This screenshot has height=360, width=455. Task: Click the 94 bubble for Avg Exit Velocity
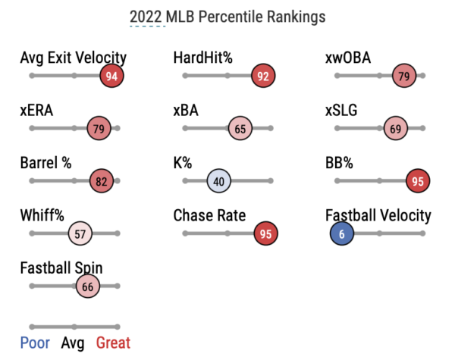coord(111,76)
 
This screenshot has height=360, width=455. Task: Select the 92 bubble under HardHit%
coord(263,76)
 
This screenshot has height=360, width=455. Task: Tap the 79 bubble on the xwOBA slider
coord(403,76)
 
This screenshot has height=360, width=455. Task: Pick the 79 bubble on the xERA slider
coord(99,128)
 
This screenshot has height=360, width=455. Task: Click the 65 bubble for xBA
coord(240,128)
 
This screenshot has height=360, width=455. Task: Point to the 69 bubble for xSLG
coord(395,128)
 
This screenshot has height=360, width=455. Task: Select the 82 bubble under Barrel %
coord(102,181)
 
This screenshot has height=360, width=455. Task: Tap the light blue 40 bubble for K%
coord(218,181)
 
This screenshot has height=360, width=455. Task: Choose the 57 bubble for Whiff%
coord(80,233)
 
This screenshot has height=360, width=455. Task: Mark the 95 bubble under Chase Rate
coord(265,233)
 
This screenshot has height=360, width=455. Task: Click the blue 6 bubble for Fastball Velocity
coord(342,233)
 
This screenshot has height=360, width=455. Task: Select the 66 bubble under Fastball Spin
coord(87,286)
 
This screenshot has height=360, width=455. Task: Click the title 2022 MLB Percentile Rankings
coord(227,16)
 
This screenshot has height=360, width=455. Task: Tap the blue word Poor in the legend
coord(35,343)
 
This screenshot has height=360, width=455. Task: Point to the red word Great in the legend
coord(113,343)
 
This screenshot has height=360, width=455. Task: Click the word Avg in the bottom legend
coord(73,343)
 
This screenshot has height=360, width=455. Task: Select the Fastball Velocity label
coord(378,216)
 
